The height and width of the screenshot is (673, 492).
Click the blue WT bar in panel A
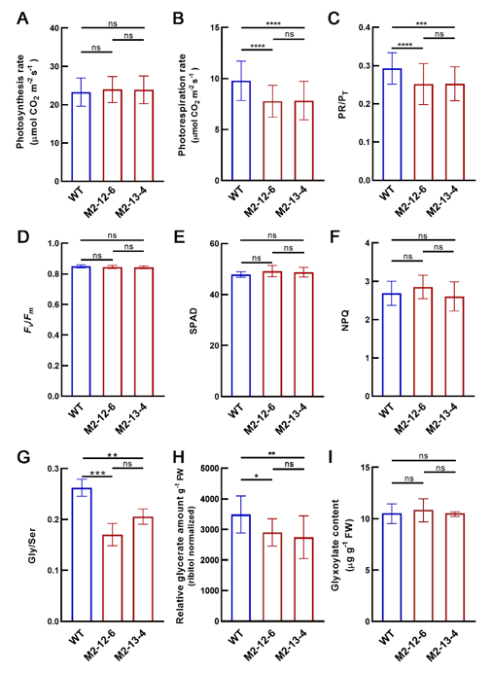click(x=81, y=136)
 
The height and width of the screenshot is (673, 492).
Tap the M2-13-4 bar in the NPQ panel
click(x=455, y=346)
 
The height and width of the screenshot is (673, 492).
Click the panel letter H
click(x=179, y=458)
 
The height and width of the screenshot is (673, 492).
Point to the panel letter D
click(x=24, y=236)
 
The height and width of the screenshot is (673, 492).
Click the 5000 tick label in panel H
click(x=210, y=468)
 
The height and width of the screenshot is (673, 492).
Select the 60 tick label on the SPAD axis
click(x=215, y=243)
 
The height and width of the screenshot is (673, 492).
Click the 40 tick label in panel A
click(x=54, y=28)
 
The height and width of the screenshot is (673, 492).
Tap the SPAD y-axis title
click(x=193, y=320)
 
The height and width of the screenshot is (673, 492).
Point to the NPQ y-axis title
click(x=346, y=320)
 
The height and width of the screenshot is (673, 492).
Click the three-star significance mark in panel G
click(x=97, y=474)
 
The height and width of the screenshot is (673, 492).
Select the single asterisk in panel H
click(x=256, y=477)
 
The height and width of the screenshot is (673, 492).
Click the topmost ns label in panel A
click(x=113, y=23)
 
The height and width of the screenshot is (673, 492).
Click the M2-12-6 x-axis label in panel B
click(x=260, y=201)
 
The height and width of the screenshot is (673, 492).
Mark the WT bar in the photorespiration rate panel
click(x=241, y=130)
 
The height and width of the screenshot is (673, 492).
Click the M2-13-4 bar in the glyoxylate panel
click(x=455, y=567)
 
